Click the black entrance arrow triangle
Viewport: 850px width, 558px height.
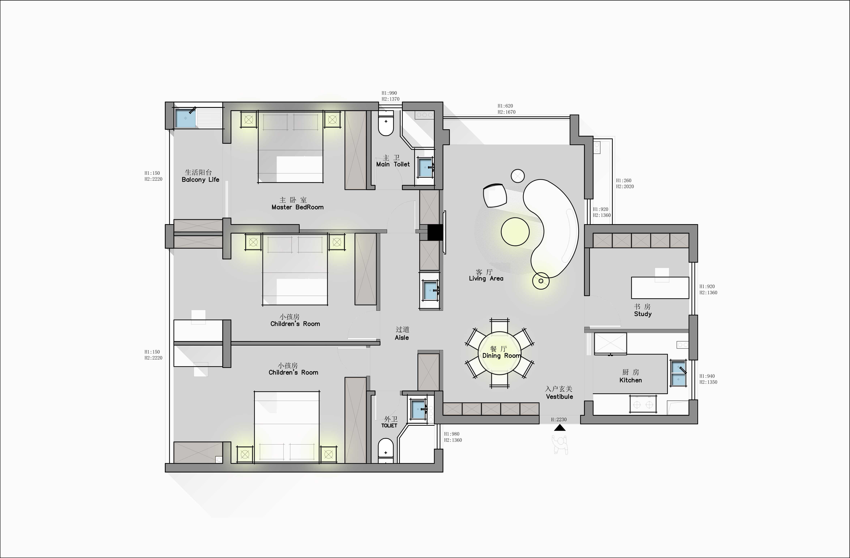click(x=560, y=428)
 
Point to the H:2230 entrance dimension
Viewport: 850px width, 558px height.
click(x=559, y=420)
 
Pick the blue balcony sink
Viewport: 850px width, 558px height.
click(x=186, y=118)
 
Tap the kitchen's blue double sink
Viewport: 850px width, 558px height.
click(x=678, y=373)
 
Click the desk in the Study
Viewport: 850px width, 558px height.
click(x=660, y=288)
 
